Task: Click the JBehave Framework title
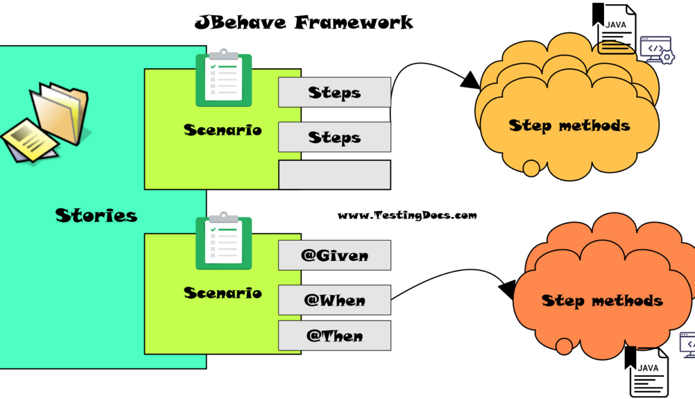(x=304, y=23)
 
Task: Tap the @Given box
(x=334, y=256)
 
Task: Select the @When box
(x=334, y=300)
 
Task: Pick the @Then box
(x=334, y=336)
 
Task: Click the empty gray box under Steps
(x=334, y=175)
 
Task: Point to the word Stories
(x=96, y=215)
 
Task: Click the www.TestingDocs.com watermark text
(x=407, y=215)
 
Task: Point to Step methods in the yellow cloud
(x=569, y=125)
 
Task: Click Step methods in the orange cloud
(x=602, y=300)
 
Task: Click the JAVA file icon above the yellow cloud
(x=614, y=29)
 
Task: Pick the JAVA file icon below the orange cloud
(x=647, y=372)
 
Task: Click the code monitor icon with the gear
(x=657, y=50)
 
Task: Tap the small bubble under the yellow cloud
(x=531, y=169)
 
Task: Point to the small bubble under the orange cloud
(x=564, y=346)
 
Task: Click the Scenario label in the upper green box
(x=222, y=130)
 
